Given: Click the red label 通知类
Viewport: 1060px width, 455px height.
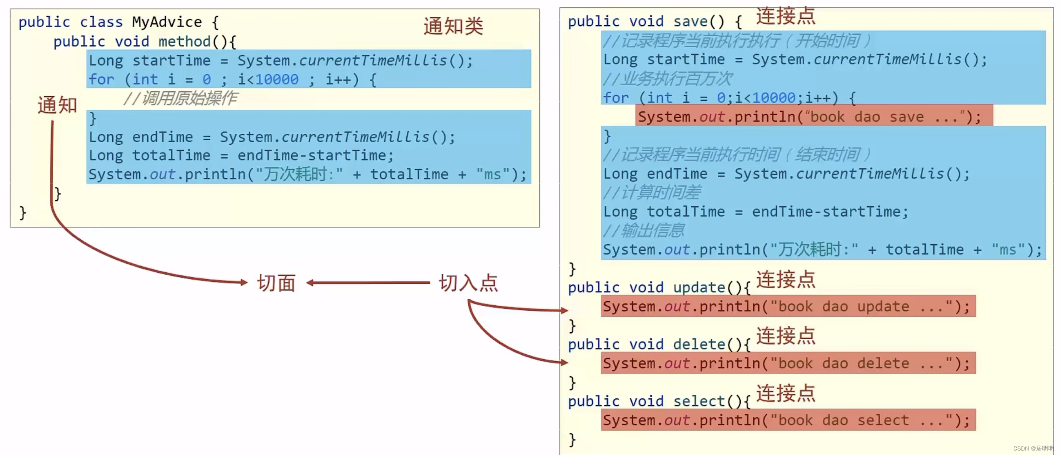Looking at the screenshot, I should [453, 27].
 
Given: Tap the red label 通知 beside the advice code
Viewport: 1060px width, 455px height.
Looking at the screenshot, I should [57, 105].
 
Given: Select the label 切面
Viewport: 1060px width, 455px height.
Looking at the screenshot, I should [276, 283].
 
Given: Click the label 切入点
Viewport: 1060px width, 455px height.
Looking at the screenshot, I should [468, 283].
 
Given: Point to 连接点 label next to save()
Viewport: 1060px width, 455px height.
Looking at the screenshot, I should [786, 16].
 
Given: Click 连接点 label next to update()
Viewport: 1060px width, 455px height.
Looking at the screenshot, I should [786, 280].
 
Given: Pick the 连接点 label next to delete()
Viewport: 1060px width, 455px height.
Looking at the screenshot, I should [786, 336].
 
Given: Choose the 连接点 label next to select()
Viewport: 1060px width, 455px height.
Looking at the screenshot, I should [786, 393].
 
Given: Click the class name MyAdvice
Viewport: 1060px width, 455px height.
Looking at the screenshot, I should [167, 22].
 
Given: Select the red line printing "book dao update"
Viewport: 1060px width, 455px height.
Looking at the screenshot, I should [788, 307].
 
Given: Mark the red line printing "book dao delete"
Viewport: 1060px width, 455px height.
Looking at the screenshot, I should [788, 363].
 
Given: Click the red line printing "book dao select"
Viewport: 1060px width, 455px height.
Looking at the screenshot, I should [788, 420].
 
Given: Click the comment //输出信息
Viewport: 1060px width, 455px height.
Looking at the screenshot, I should [644, 231].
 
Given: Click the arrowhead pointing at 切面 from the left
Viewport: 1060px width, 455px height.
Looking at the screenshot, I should [244, 282].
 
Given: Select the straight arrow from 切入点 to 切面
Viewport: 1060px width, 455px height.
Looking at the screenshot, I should [368, 283].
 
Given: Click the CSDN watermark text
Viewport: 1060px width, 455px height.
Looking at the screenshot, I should [1033, 448].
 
